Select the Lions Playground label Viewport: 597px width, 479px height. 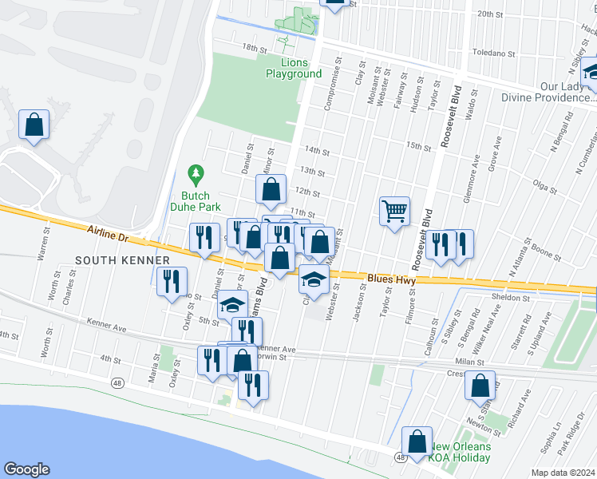[294, 68]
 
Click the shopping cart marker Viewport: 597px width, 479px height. [394, 212]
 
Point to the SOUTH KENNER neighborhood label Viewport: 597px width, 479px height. [123, 261]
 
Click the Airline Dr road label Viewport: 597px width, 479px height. [106, 234]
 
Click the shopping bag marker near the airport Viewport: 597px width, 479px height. [34, 125]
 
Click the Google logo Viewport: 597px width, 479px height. [26, 469]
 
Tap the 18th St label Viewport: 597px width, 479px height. [255, 48]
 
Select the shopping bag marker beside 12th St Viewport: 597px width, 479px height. [271, 190]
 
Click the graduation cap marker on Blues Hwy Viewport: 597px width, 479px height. [314, 280]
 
